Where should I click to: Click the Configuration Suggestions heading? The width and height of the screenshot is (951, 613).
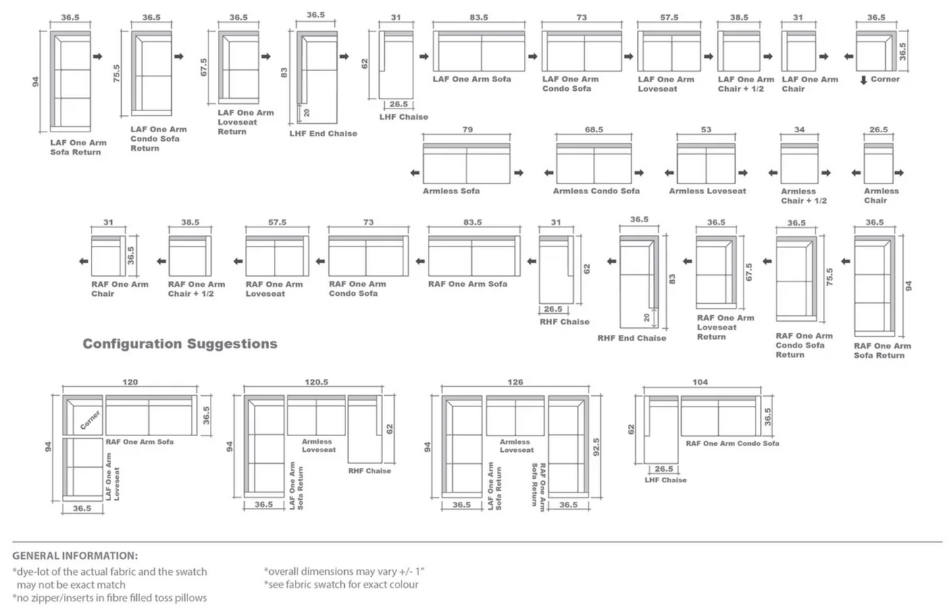point(180,344)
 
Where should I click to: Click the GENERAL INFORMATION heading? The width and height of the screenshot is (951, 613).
point(75,556)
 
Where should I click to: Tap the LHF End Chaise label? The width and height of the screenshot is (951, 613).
point(323,134)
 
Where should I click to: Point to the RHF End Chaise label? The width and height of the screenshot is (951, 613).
point(632,338)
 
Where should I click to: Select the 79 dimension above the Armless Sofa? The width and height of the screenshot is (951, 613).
point(467,130)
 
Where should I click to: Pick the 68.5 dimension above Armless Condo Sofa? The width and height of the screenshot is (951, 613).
point(594,130)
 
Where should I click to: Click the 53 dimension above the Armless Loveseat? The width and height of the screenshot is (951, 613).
point(706,130)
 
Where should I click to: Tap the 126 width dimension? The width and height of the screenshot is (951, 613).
point(515,382)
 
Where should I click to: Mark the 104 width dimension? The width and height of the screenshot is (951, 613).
point(700,382)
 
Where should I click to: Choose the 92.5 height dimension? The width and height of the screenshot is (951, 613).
point(596,447)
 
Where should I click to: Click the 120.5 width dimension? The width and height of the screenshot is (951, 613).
point(317,382)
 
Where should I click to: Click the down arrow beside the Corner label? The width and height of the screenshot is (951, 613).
point(863,80)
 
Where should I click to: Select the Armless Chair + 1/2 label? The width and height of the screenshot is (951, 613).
point(804,196)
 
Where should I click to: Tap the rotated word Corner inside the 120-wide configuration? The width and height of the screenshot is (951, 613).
point(90,420)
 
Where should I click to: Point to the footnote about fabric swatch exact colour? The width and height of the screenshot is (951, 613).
point(341,584)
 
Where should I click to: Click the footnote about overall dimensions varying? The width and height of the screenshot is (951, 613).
point(344,571)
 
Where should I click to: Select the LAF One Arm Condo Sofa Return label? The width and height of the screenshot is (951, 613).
point(158,139)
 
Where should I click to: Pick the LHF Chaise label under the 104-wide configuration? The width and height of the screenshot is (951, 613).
point(665,480)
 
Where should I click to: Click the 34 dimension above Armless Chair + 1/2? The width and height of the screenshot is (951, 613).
point(799,130)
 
